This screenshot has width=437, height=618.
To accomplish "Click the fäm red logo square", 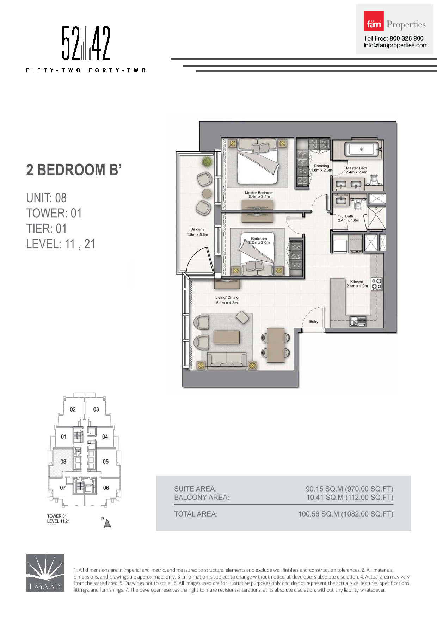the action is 374,21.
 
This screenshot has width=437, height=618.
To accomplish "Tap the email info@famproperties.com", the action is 396,45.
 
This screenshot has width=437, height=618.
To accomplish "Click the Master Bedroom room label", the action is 259,193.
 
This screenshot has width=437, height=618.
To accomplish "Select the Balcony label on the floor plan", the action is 197,229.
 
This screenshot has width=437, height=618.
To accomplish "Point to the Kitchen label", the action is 357,282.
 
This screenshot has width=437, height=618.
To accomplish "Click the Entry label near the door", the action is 314,321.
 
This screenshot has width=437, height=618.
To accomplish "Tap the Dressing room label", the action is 321,166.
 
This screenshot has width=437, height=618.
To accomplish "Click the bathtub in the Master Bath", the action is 361,149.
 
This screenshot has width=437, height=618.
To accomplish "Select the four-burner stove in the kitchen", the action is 376,284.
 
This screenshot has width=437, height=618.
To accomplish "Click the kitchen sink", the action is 358,321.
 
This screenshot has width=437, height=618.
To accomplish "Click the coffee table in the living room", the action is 227,337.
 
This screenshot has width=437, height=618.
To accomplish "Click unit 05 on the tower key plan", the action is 106,462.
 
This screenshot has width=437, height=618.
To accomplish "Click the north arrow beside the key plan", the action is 107,524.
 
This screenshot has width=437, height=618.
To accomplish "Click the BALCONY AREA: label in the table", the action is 202,497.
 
